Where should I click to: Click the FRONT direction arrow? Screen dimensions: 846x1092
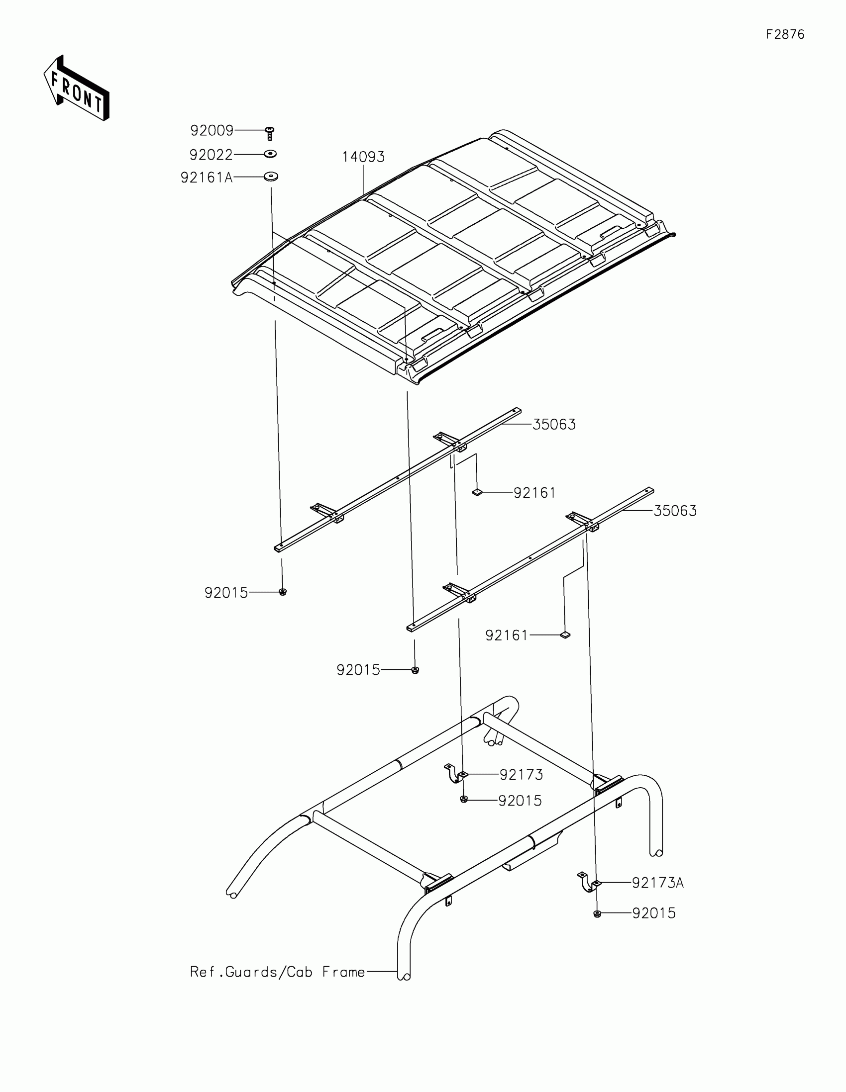pos(76,88)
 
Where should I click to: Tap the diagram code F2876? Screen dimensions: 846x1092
pos(785,34)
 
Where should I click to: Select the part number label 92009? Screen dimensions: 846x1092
pos(211,130)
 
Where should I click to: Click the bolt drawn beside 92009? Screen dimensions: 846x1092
pos(270,133)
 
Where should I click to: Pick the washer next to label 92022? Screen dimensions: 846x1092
pos(270,154)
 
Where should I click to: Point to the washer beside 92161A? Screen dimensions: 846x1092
pos(271,177)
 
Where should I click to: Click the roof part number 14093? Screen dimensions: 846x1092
pos(363,157)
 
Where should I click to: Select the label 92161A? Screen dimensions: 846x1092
pos(207,178)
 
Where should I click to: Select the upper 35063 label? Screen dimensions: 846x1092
pos(554,425)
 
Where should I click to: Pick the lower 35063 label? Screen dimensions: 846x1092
pos(675,511)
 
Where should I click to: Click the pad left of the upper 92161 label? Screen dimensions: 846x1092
pos(477,492)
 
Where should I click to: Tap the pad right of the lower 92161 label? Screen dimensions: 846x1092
pos(565,635)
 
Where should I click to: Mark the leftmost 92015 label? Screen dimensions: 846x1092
pos(226,593)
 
